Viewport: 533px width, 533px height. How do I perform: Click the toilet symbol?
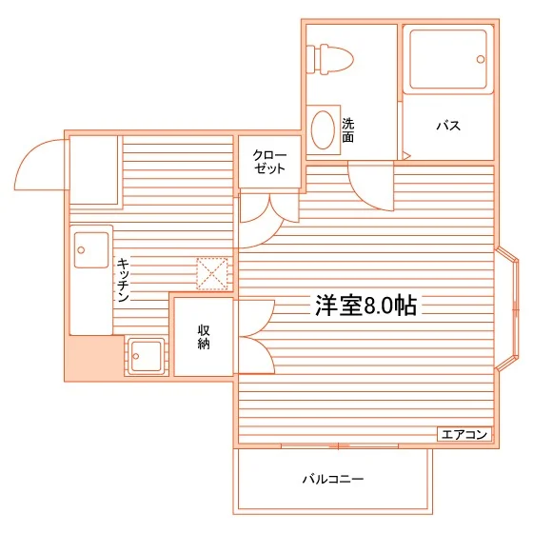pos(329,59)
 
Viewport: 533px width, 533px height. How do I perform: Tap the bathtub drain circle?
pos(481,59)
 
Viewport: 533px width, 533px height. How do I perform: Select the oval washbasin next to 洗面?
pos(323,129)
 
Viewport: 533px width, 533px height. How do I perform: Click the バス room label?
pos(448,126)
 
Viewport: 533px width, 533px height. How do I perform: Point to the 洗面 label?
pos(347,129)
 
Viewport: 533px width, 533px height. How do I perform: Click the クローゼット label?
pos(269,162)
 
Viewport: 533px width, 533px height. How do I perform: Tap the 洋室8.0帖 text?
pos(366,306)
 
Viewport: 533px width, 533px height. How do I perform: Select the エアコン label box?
pos(464,434)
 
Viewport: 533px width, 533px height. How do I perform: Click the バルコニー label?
pos(333,480)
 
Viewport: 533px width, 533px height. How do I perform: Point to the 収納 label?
pos(204,337)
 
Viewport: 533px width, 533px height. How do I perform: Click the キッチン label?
pos(123,280)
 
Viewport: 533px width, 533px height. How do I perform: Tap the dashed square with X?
pos(212,274)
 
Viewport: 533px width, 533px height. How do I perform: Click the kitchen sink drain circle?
pos(81,250)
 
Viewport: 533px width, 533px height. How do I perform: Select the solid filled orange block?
pos(94,358)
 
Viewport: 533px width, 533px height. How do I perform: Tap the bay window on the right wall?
pos(506,308)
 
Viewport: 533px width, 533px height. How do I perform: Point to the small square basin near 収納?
pos(147,356)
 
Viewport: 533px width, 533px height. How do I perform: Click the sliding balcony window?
pos(339,445)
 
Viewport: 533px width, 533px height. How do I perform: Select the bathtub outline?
pos(448,59)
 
